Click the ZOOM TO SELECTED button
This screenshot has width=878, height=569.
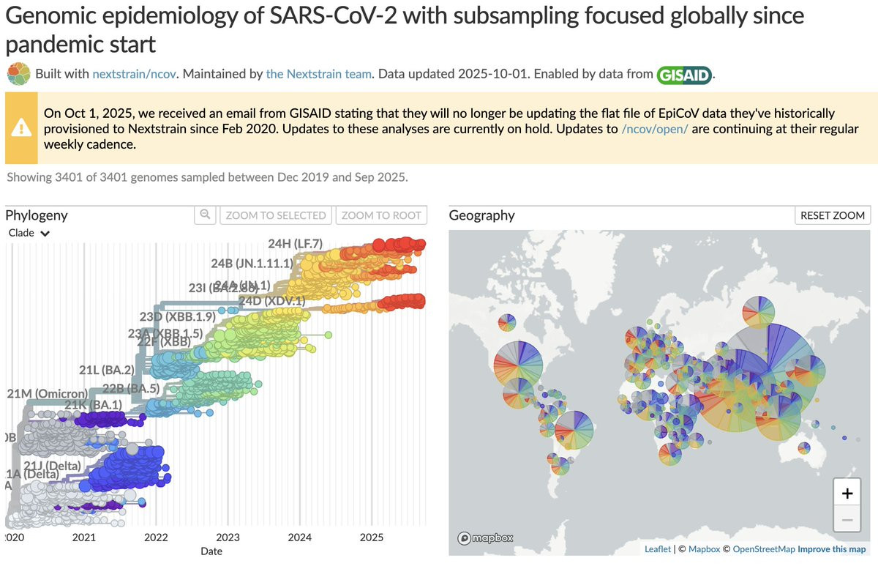click(x=276, y=215)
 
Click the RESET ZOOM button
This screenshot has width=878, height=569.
click(x=833, y=215)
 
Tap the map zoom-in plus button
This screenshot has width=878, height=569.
click(x=847, y=494)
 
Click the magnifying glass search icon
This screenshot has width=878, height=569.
click(x=206, y=215)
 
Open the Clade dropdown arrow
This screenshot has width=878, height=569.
click(x=45, y=234)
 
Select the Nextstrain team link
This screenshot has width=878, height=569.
click(x=319, y=74)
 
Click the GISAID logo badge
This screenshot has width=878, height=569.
click(x=684, y=75)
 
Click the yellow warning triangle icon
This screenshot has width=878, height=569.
click(x=21, y=127)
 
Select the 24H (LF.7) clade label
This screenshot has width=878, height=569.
click(x=295, y=244)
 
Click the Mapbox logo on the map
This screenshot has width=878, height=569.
click(x=485, y=538)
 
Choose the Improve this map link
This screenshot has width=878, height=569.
click(x=831, y=549)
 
